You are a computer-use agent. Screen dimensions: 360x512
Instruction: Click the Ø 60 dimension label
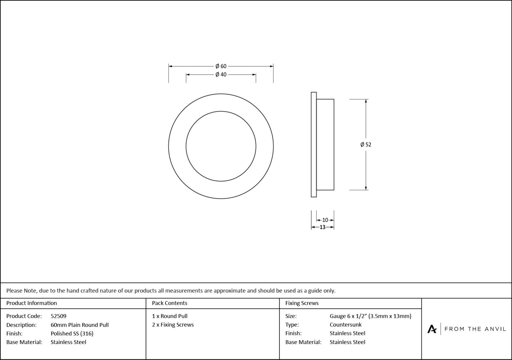pyautogui.click(x=221, y=66)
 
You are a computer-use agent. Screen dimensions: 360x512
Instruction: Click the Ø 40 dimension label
pyautogui.click(x=221, y=74)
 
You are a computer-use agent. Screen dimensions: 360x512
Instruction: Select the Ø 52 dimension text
pyautogui.click(x=366, y=145)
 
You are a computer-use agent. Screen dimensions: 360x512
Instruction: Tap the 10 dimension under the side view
pyautogui.click(x=325, y=220)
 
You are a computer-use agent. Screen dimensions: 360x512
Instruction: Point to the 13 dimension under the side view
pyautogui.click(x=322, y=227)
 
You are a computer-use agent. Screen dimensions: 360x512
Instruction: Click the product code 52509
pyautogui.click(x=59, y=316)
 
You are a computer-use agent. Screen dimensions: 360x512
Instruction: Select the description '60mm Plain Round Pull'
pyautogui.click(x=80, y=325)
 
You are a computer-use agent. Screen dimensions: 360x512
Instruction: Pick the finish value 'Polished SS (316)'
pyautogui.click(x=72, y=333)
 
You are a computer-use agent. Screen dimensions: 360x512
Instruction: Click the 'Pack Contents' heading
pyautogui.click(x=170, y=303)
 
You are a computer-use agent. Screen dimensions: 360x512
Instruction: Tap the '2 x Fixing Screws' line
pyautogui.click(x=173, y=325)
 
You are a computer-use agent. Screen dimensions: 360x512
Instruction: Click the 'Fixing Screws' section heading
pyautogui.click(x=302, y=303)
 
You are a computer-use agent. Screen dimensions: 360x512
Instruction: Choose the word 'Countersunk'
pyautogui.click(x=346, y=325)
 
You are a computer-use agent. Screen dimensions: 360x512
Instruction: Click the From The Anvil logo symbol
pyautogui.click(x=432, y=329)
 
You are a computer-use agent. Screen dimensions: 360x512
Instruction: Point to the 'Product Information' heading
pyautogui.click(x=32, y=303)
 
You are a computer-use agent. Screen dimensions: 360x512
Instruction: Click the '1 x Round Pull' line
pyautogui.click(x=170, y=316)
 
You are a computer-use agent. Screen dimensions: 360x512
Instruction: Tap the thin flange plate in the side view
pyautogui.click(x=314, y=145)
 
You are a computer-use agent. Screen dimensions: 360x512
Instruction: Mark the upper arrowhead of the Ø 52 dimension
pyautogui.click(x=366, y=101)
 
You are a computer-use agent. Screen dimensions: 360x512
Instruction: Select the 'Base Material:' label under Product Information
pyautogui.click(x=24, y=342)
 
